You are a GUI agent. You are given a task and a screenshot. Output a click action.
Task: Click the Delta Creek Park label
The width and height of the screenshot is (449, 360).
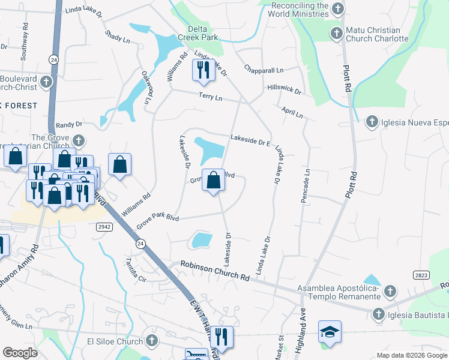[200, 32]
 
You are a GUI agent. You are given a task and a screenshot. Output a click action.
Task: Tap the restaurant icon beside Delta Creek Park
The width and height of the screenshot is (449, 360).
[202, 70]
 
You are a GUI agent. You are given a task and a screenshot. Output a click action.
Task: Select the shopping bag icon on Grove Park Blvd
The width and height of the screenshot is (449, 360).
[213, 180]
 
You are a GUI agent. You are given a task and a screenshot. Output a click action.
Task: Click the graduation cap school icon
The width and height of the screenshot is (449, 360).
[330, 332]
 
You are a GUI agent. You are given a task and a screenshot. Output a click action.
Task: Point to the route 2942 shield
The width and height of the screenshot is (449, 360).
[103, 226]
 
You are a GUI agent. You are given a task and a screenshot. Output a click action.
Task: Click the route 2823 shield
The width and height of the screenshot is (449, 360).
[421, 274]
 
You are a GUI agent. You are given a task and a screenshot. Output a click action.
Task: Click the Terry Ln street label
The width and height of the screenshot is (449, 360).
[211, 97]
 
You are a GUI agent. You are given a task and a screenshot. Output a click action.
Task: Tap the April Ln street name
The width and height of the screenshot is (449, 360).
[292, 112]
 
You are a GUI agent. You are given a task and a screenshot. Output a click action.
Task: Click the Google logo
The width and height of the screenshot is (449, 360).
[20, 352]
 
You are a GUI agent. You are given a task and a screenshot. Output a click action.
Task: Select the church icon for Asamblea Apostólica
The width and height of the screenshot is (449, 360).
[390, 292]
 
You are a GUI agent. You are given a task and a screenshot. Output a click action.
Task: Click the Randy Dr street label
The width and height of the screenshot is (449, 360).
[68, 124]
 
